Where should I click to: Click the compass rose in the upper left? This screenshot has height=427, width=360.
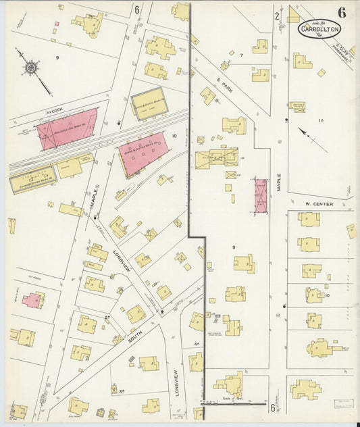pos(32,68)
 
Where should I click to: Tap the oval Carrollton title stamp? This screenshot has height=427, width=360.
pos(319,29)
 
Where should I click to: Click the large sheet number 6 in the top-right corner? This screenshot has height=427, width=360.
pos(342,12)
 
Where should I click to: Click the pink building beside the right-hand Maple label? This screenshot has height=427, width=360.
pos(260,195)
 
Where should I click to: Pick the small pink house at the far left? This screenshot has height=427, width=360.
pos(32,300)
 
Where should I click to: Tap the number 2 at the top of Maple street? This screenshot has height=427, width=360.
pos(277,16)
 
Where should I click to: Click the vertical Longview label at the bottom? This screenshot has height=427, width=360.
pos(174,382)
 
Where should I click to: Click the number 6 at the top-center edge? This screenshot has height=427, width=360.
pos(136,9)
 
